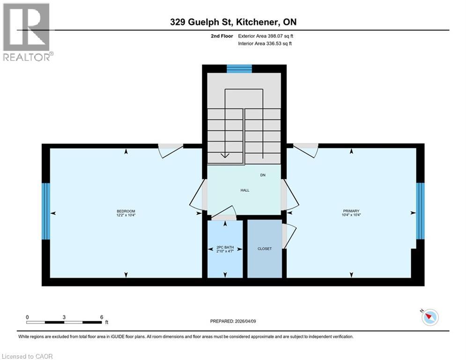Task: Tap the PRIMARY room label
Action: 351,211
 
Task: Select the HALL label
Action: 245,190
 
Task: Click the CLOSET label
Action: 265,248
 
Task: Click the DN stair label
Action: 263,175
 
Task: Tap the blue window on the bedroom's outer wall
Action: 45,211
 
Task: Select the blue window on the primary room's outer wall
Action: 421,211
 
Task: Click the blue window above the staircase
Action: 239,69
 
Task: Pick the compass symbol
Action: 429,318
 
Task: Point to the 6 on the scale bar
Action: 102,317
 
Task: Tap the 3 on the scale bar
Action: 64,317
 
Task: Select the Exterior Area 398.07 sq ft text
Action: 266,36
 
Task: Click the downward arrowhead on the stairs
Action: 225,156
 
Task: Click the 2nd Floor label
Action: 222,36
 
